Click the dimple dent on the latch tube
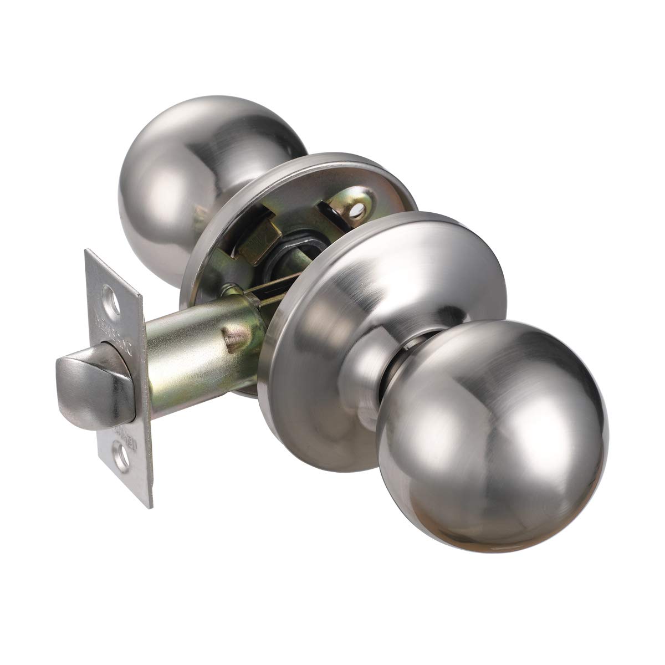coord(233,336)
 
